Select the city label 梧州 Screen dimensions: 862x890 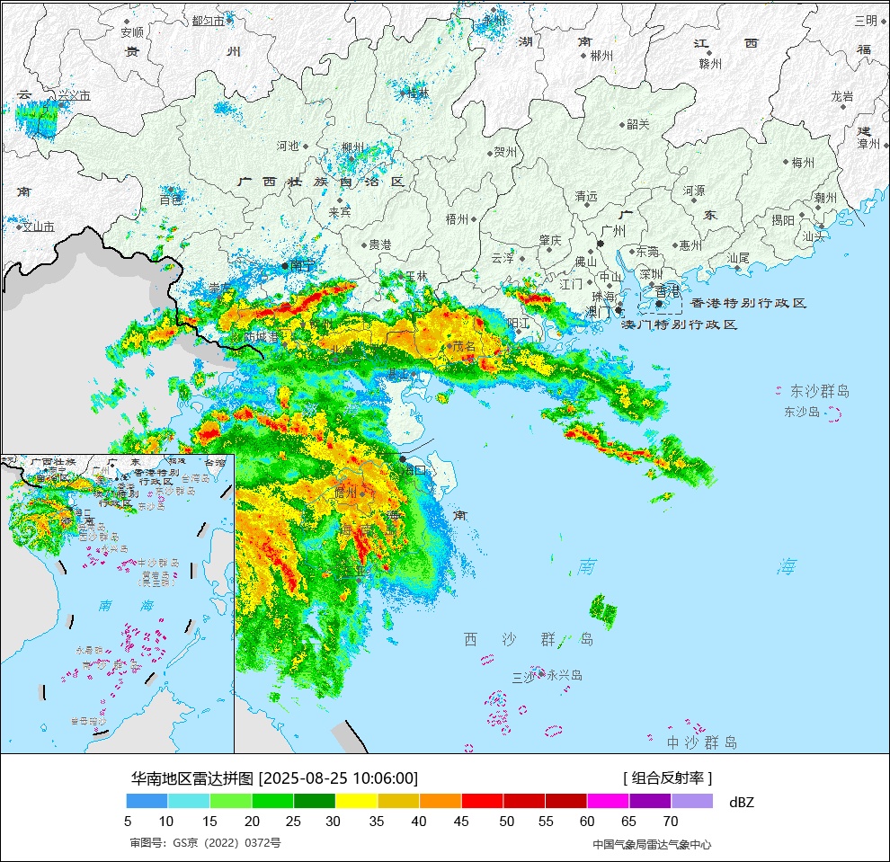pyautogui.click(x=457, y=218)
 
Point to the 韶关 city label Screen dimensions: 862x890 pyautogui.click(x=637, y=125)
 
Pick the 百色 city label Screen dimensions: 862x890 pyautogui.click(x=171, y=200)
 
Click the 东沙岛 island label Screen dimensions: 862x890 pyautogui.click(x=802, y=412)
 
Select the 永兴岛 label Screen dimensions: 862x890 pyautogui.click(x=565, y=675)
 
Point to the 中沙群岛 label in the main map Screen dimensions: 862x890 pyautogui.click(x=702, y=742)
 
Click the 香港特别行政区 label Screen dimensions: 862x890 pyautogui.click(x=748, y=304)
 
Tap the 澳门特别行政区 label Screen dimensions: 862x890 pyautogui.click(x=680, y=324)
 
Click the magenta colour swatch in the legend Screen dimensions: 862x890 pyautogui.click(x=608, y=801)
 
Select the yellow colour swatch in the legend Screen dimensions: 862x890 pyautogui.click(x=357, y=801)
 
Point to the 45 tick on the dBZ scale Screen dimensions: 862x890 pyautogui.click(x=462, y=821)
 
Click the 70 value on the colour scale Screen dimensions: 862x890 pyautogui.click(x=671, y=821)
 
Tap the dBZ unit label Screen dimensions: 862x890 pyautogui.click(x=742, y=802)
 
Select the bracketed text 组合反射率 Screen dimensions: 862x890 pyautogui.click(x=667, y=778)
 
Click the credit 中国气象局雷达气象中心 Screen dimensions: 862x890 pyautogui.click(x=652, y=844)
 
